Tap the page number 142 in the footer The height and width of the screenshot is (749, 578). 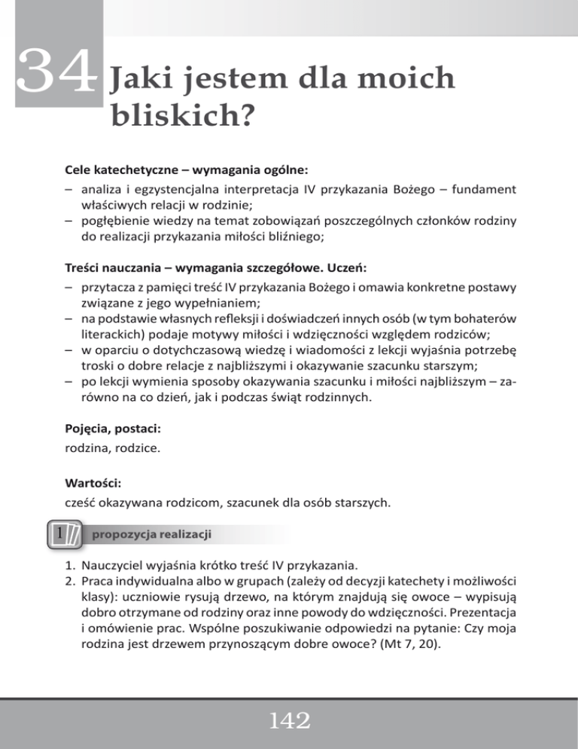(x=288, y=723)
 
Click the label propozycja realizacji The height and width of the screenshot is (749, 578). (x=151, y=533)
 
